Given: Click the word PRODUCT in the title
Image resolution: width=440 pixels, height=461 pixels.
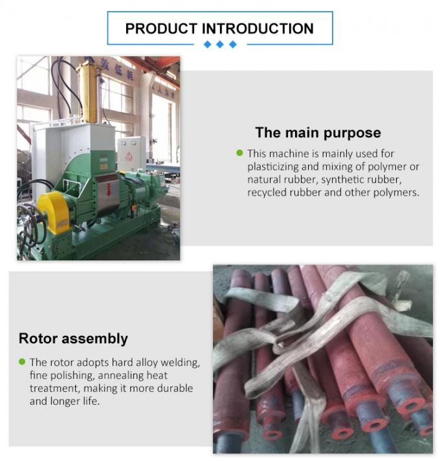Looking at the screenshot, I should point(160,28).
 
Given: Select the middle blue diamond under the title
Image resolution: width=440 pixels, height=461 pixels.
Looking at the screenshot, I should point(221,44).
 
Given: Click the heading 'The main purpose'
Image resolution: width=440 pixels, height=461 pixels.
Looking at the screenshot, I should point(318,133).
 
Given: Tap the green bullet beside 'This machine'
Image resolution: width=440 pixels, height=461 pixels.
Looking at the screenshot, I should point(239,153).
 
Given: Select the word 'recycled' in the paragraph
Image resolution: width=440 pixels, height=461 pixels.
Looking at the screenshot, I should point(268,192).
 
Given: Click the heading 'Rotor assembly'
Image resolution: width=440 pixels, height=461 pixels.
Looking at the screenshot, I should point(73,338).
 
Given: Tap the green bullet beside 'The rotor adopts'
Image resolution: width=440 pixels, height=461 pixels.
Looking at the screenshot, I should point(22,361).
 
